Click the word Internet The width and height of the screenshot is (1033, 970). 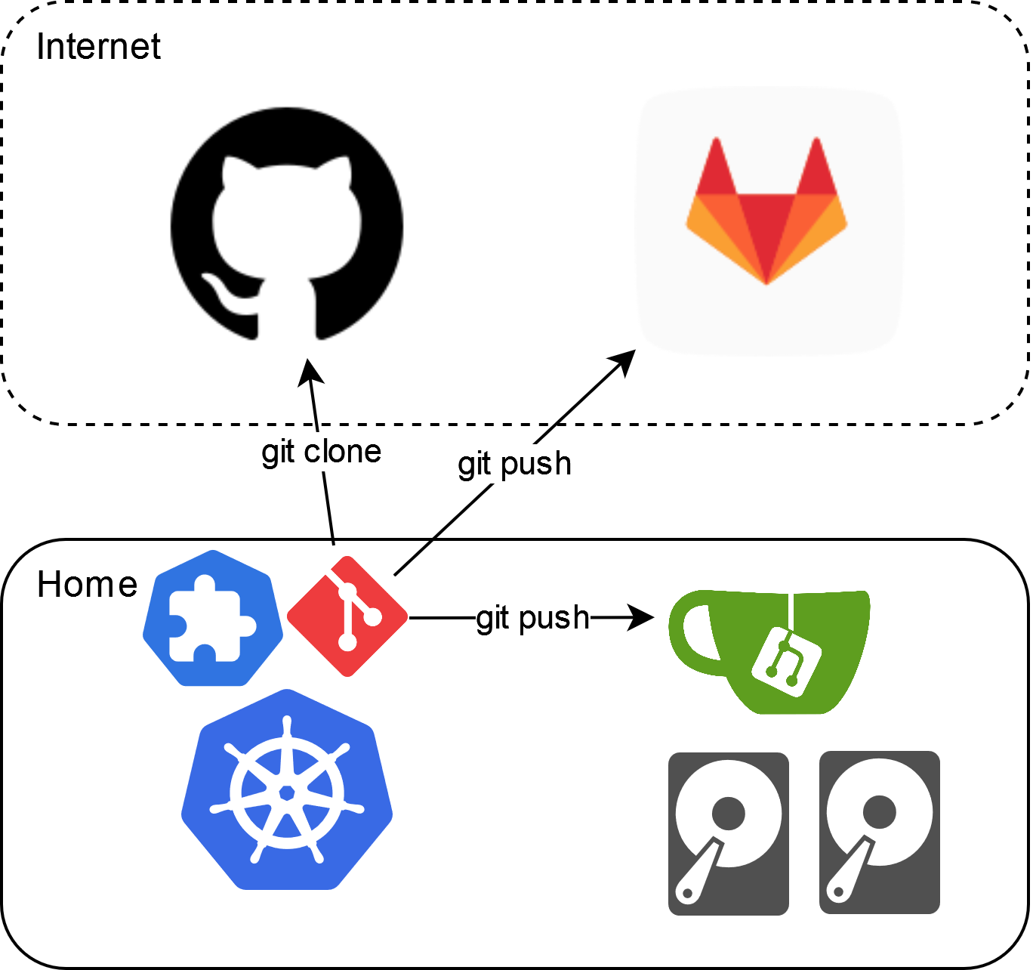click(x=98, y=47)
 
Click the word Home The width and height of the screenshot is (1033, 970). click(x=87, y=585)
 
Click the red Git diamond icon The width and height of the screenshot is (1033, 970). click(x=347, y=616)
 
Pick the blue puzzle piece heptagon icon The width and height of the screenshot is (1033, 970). click(x=213, y=618)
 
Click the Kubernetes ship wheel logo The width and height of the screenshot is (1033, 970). click(x=287, y=789)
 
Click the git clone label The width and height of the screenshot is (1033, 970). click(x=321, y=452)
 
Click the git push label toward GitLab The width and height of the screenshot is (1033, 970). click(x=514, y=464)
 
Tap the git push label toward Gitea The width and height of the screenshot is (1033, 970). click(x=532, y=618)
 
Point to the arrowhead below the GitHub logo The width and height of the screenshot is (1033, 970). click(x=310, y=370)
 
